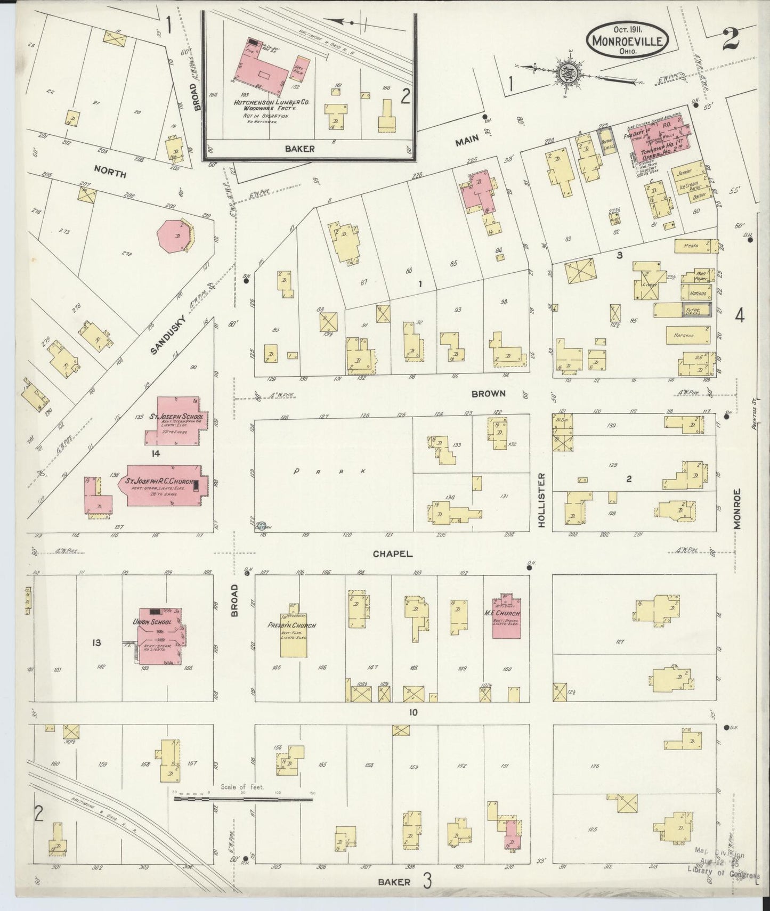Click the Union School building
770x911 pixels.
159,637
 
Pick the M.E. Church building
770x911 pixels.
507,615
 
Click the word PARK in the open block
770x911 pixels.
330,471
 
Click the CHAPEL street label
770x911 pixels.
392,554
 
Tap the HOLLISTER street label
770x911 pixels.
542,500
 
